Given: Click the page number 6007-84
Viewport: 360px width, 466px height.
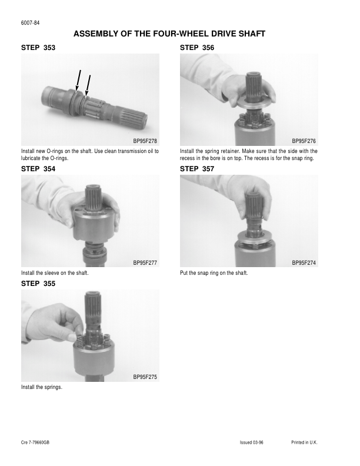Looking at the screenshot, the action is (30, 23).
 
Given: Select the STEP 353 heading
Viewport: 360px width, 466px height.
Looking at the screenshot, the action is (38, 48).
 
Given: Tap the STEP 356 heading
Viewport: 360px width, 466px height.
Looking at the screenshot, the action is (197, 48).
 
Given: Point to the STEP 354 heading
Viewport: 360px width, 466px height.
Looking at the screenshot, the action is (38, 169).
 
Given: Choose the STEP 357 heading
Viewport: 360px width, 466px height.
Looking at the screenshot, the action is (197, 169).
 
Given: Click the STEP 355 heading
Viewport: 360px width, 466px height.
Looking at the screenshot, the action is (38, 284).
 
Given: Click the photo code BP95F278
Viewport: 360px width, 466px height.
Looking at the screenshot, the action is (145, 141).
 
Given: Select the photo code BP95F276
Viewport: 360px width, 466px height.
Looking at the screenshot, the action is (304, 141).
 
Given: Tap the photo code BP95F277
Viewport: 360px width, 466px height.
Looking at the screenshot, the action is (145, 263).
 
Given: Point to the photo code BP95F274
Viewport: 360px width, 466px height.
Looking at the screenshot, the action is (304, 263).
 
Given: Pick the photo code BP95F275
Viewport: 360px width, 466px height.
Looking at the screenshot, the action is (145, 377).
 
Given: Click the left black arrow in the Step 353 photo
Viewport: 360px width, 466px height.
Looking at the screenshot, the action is (78, 80).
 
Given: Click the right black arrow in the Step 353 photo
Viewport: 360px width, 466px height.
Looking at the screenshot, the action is (87, 86).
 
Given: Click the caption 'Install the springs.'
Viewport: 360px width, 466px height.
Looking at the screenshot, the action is (42, 387).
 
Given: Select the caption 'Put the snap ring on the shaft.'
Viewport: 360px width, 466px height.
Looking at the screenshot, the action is (214, 273).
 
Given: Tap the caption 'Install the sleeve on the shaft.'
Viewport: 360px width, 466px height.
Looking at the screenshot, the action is (55, 273).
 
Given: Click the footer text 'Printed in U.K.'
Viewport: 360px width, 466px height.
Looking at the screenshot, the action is (305, 442).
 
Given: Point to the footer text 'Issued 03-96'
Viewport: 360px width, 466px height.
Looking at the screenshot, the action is (252, 442).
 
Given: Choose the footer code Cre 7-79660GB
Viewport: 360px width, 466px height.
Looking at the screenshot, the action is (35, 442).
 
